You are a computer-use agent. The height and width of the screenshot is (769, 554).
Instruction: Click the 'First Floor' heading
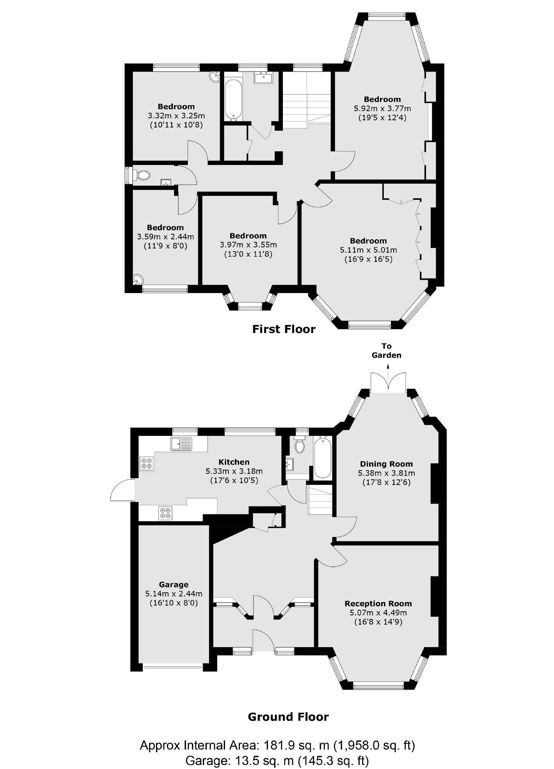tap(284, 329)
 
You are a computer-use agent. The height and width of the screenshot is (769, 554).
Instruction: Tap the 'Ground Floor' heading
tap(288, 717)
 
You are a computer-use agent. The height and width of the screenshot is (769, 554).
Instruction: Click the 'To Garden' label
tap(386, 351)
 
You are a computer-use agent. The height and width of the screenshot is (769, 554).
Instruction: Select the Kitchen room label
tap(234, 462)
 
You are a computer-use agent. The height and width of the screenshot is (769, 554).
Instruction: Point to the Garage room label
tap(174, 585)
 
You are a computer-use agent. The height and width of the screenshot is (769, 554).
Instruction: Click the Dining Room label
tap(386, 464)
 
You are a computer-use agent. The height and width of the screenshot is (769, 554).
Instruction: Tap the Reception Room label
tap(378, 604)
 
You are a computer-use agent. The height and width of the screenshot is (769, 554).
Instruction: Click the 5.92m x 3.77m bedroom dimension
tap(382, 109)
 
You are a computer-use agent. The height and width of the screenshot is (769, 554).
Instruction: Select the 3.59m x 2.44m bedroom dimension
tap(165, 237)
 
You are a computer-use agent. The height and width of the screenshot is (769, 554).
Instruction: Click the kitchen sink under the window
tap(182, 444)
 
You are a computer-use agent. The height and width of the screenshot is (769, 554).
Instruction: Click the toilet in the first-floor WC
tap(142, 175)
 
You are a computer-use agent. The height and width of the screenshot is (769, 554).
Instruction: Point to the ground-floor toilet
tap(300, 445)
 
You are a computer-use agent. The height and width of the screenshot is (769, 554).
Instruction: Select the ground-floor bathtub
tap(323, 458)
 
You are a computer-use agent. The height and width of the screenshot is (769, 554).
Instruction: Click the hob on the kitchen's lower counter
tap(166, 513)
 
